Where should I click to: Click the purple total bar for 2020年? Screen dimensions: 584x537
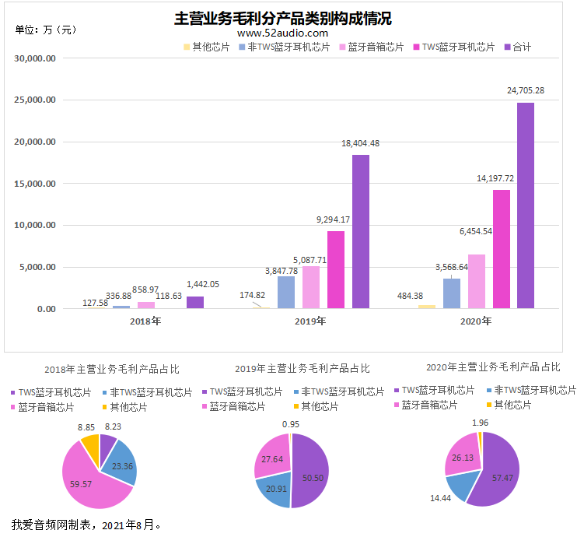(x=526, y=205)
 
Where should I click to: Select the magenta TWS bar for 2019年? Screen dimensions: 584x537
(x=336, y=270)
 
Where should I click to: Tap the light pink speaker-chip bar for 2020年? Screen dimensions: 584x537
(x=477, y=282)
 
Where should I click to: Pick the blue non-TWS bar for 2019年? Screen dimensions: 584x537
(x=286, y=292)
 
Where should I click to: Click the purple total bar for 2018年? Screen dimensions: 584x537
(x=195, y=302)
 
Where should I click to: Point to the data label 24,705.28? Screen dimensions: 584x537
(x=526, y=90)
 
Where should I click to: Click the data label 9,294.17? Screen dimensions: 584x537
(x=333, y=219)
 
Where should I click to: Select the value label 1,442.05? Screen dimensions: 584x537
(x=203, y=284)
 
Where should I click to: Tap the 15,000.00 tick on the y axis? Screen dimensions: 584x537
(x=35, y=184)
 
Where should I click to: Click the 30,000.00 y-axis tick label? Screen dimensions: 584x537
(x=35, y=58)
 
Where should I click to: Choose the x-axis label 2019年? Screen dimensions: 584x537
(x=310, y=321)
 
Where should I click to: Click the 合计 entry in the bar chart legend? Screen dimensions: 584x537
(x=518, y=47)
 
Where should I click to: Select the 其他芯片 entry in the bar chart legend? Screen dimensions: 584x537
(x=207, y=47)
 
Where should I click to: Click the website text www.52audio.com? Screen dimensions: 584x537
(x=283, y=33)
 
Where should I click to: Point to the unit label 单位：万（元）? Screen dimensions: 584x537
(x=46, y=30)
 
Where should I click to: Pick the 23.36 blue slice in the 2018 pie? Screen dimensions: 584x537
(x=121, y=464)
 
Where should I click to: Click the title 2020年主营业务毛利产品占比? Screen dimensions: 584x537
(x=493, y=367)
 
